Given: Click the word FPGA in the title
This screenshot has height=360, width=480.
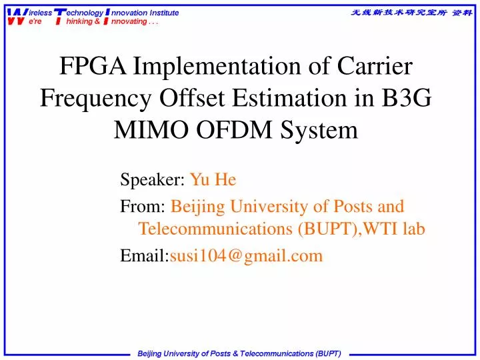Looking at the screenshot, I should (x=93, y=67).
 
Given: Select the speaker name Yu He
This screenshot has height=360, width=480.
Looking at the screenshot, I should (x=213, y=180).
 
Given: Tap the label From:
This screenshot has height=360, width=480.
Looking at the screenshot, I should (x=143, y=207).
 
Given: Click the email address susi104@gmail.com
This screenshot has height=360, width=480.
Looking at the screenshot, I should (x=246, y=255).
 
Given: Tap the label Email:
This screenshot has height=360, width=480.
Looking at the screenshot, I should (x=145, y=255).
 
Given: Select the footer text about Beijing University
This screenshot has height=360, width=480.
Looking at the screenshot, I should (x=239, y=352).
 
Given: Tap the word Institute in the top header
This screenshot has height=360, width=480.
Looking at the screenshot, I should (x=164, y=13).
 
